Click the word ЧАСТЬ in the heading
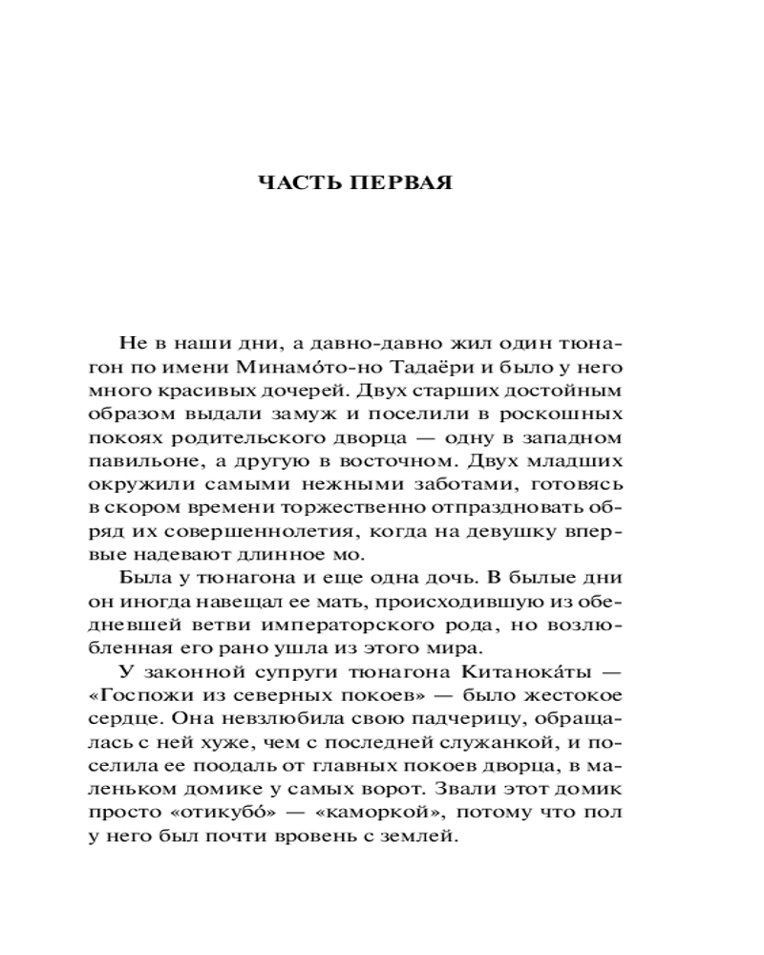pos(308,184)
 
